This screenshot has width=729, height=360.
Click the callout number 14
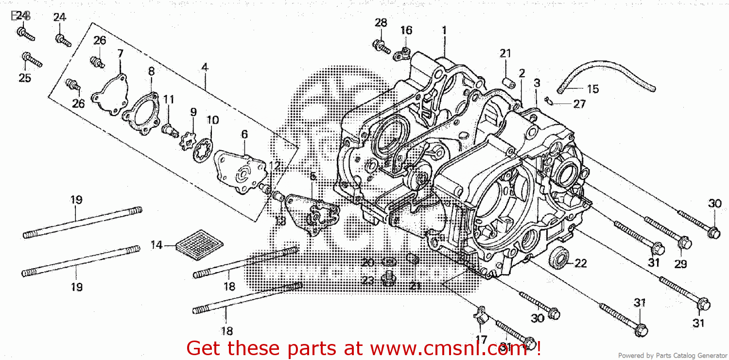(x=156, y=245)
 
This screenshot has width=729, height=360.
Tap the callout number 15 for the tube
(x=593, y=89)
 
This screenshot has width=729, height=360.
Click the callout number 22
(x=581, y=264)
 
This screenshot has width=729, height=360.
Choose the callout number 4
(x=205, y=68)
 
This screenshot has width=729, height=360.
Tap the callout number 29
(x=680, y=264)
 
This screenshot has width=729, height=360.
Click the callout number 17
(x=481, y=340)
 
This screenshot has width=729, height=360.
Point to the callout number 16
(x=406, y=31)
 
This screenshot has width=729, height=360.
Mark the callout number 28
(x=381, y=22)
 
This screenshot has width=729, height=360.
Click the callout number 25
(x=25, y=78)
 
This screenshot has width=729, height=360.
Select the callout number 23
(x=368, y=280)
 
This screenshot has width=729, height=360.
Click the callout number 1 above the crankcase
(x=444, y=30)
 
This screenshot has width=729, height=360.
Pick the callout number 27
(x=579, y=104)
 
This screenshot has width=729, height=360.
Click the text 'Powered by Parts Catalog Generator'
(x=672, y=356)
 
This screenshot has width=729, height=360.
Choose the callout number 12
(x=275, y=166)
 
